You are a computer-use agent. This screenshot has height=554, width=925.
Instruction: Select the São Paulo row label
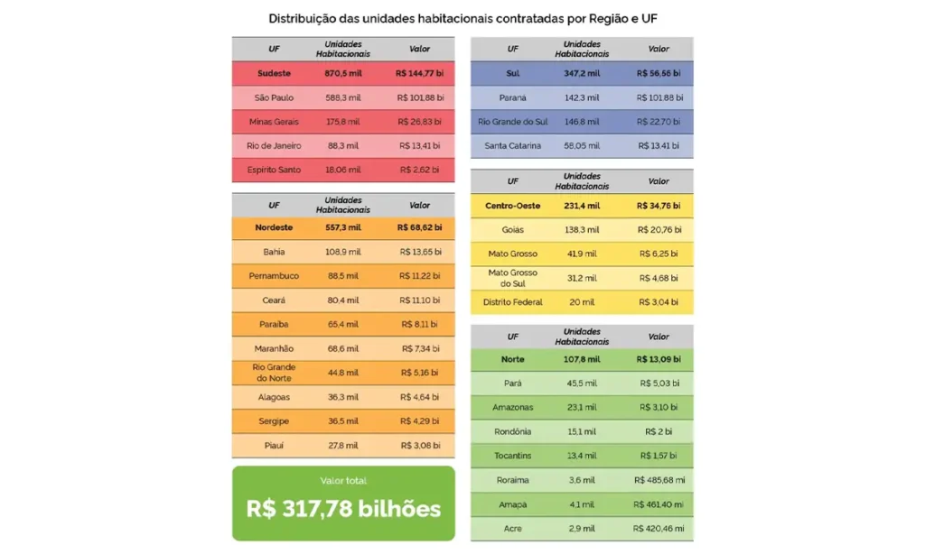[x=274, y=97]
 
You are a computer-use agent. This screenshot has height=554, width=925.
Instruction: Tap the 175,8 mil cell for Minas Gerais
[x=342, y=122]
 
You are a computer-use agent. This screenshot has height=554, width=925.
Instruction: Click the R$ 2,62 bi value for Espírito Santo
[x=419, y=170]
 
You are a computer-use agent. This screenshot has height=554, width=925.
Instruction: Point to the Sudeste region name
[x=274, y=73]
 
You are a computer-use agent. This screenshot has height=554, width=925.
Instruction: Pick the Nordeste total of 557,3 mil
[x=342, y=227]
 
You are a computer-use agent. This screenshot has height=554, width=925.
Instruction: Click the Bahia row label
[x=274, y=252]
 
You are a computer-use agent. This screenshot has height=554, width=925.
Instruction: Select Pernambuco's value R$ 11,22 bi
[x=419, y=276]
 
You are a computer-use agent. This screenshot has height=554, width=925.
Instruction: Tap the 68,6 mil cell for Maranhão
[x=342, y=348]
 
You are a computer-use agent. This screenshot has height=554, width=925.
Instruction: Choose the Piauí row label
[x=274, y=445]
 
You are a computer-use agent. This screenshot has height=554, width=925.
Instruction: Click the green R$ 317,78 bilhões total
[x=343, y=508]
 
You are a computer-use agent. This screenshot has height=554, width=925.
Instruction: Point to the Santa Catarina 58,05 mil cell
[x=581, y=145]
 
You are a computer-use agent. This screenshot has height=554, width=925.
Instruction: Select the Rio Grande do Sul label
[x=513, y=122]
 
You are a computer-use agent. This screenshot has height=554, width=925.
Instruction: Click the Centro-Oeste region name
[x=513, y=206]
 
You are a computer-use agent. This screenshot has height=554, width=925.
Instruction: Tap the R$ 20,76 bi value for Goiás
[x=659, y=230]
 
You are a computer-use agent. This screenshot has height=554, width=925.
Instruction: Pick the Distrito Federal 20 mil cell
[x=581, y=302]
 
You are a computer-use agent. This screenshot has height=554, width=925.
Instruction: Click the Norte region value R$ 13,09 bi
[x=659, y=359]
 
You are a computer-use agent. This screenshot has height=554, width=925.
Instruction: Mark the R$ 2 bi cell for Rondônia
[x=659, y=431]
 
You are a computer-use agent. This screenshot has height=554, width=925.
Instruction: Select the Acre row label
[x=513, y=528]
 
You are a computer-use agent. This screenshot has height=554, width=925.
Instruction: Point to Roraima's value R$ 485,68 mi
[x=659, y=480]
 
